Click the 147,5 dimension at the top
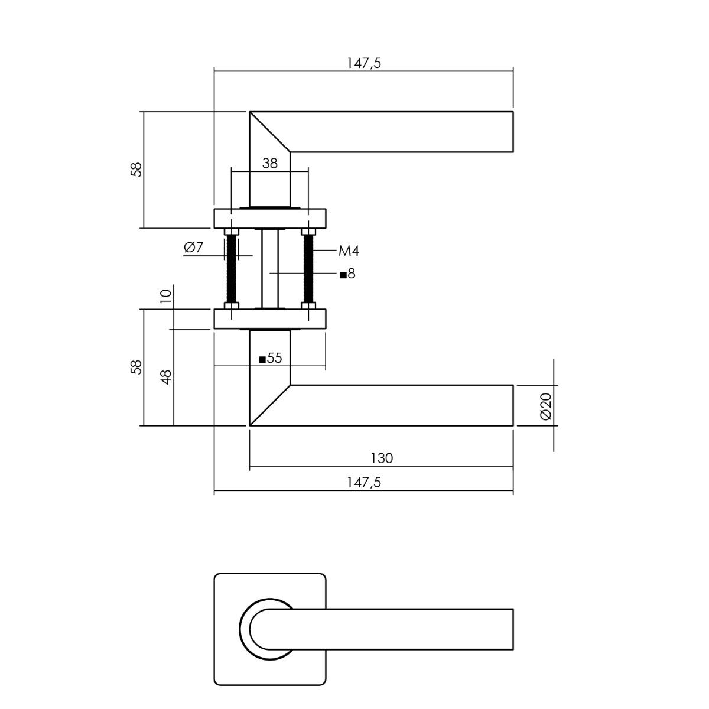tap(364, 63)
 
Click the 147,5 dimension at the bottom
tap(364, 482)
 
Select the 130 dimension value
tap(382, 458)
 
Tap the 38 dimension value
tap(269, 163)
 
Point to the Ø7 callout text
tap(194, 247)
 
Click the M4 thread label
tap(349, 251)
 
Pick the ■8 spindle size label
tap(347, 274)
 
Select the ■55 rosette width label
tap(271, 358)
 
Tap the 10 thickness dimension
tap(166, 296)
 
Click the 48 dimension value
tap(166, 378)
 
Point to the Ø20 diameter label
tap(546, 406)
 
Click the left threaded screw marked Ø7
tap(231, 269)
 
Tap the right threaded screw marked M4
tap(308, 269)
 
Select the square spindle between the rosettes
tap(269, 269)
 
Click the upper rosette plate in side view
tap(270, 219)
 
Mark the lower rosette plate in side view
tap(270, 319)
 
